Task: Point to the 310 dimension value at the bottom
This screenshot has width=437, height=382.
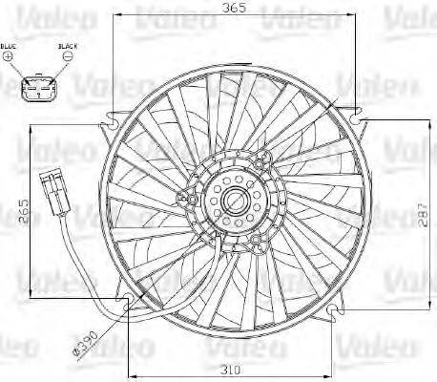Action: point(226,370)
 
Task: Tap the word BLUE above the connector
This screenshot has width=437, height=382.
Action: point(10,45)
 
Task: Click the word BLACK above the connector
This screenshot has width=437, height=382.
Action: point(67,45)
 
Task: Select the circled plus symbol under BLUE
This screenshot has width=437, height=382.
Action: point(10,57)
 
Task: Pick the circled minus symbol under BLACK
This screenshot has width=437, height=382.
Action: point(68,57)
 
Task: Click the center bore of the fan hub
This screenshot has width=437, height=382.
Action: point(231,201)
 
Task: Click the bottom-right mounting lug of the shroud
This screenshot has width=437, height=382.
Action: point(334,311)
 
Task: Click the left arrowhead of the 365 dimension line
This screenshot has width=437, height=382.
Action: point(117,16)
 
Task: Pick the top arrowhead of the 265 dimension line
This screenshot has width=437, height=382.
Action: point(31,136)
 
